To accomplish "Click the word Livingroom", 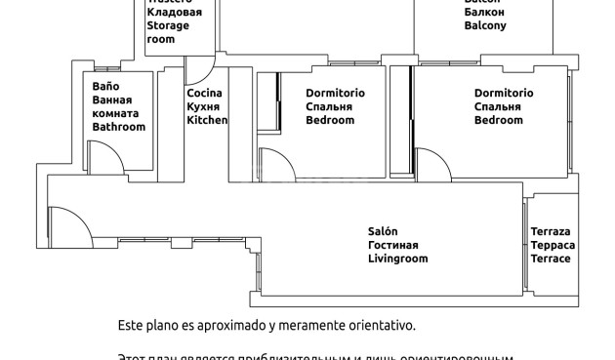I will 397,260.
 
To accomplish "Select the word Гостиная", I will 392,245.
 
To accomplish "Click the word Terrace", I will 552,260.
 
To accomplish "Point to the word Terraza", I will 552,231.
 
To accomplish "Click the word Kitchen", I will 207,121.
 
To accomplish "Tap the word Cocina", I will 205,93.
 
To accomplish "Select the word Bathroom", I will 118,128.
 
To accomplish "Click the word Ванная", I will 112,100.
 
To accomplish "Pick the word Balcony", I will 485,26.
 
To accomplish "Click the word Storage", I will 167,26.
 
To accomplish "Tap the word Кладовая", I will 174,13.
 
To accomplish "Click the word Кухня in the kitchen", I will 203,107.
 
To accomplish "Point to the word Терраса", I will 552,245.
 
